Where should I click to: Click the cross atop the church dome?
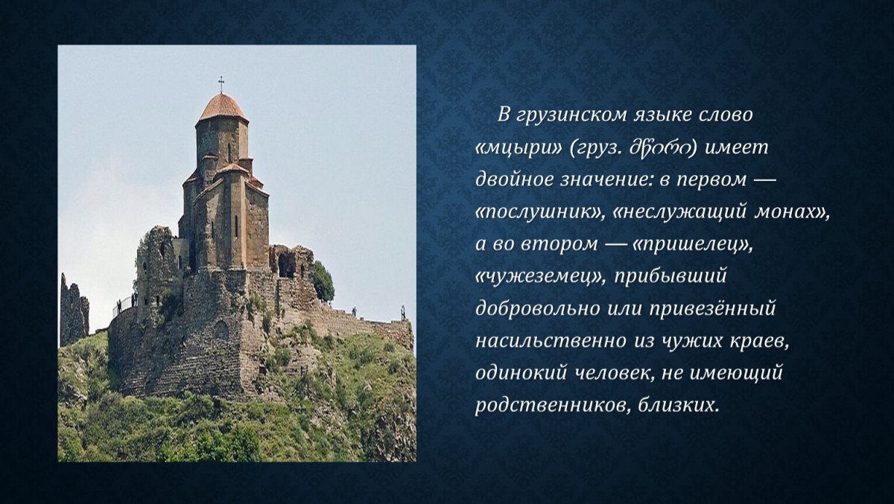click(x=221, y=83)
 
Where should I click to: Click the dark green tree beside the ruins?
click(x=323, y=281)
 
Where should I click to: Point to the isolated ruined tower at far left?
click(x=73, y=310)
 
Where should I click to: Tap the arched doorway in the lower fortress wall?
click(x=221, y=330)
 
